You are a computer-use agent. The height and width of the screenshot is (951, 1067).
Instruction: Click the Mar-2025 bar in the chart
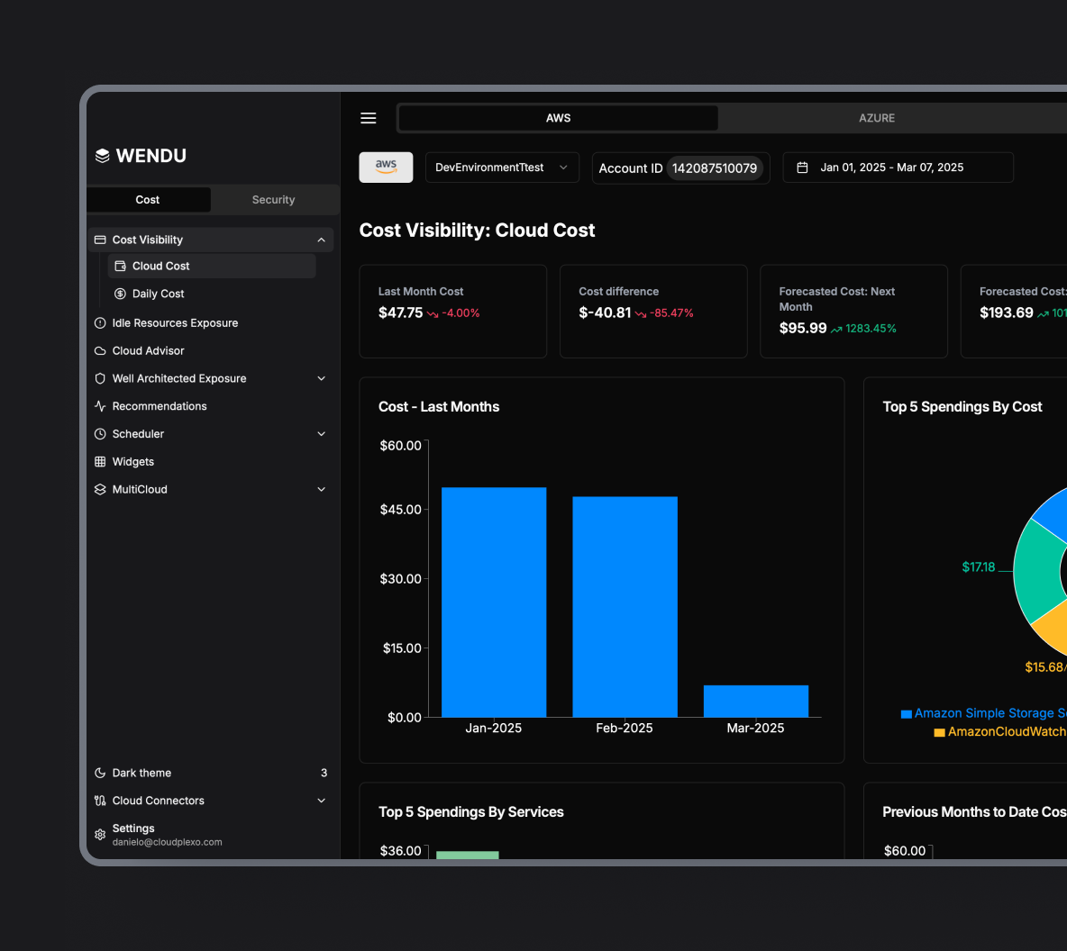(755, 702)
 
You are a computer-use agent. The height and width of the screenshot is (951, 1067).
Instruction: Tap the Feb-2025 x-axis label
(625, 729)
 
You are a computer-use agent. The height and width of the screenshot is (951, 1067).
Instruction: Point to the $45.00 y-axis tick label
(401, 510)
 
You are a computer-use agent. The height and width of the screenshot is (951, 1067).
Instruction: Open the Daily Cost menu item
(158, 294)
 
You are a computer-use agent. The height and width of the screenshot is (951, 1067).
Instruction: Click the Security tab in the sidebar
(273, 200)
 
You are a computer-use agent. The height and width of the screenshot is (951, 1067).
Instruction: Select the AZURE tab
(877, 118)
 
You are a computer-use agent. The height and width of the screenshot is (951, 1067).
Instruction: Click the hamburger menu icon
(369, 118)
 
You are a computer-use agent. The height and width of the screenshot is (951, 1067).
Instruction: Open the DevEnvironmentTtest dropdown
(501, 168)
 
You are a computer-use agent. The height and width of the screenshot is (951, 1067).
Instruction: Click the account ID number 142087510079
(715, 168)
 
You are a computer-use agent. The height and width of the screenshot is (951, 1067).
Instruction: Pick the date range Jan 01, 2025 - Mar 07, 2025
(891, 168)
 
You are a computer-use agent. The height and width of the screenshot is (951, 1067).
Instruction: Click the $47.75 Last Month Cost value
(400, 312)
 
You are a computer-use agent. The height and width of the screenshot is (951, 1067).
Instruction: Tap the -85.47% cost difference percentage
(671, 313)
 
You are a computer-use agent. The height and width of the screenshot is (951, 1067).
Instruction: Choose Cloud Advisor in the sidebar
(148, 351)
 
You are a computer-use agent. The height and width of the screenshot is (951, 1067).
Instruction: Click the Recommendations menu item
(160, 406)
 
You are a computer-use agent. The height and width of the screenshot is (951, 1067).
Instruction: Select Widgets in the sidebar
(133, 462)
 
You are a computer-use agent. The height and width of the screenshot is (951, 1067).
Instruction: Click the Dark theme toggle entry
(141, 773)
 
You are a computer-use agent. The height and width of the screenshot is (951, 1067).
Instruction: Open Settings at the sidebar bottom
(133, 829)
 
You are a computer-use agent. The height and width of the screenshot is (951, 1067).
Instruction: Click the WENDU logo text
(150, 156)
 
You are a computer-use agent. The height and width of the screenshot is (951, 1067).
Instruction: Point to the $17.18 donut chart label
(978, 567)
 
